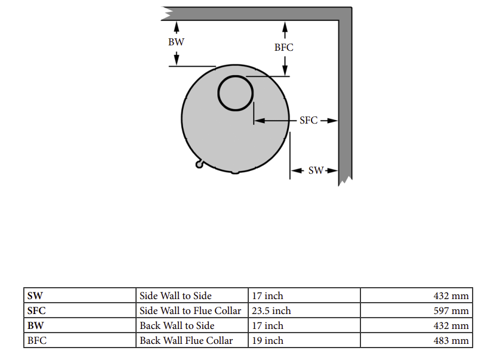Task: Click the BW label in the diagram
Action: [176, 42]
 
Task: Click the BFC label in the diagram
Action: [283, 48]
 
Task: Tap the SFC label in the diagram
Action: [308, 121]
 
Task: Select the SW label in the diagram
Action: [316, 171]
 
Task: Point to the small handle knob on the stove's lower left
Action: [199, 164]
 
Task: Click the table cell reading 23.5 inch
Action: [271, 310]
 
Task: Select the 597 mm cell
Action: [451, 310]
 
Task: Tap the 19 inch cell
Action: [267, 340]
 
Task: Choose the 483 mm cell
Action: [451, 340]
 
